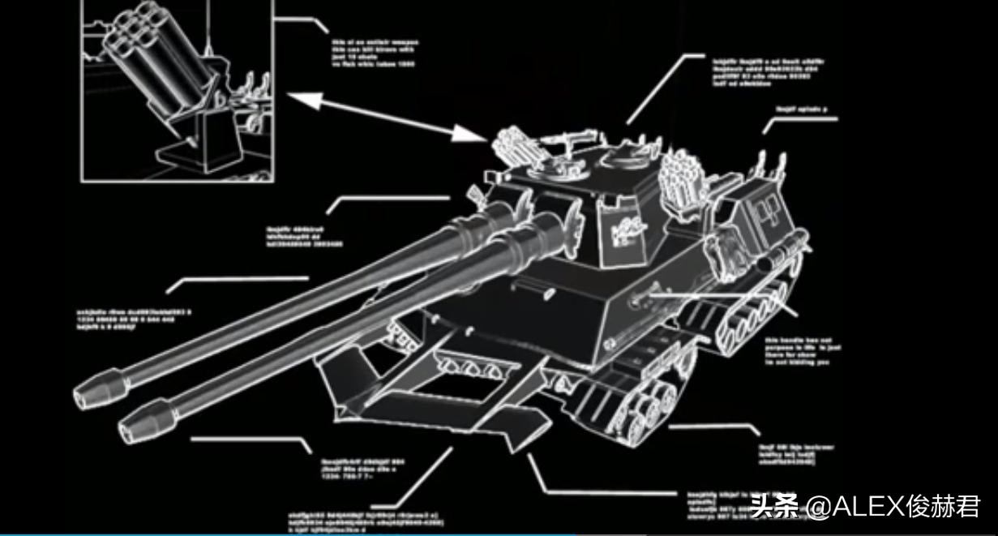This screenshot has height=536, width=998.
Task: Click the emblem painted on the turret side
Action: pyautogui.click(x=623, y=231)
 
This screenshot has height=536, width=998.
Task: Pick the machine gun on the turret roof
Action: pyautogui.click(x=572, y=140)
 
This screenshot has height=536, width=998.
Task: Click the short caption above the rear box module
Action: pyautogui.click(x=802, y=109)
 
